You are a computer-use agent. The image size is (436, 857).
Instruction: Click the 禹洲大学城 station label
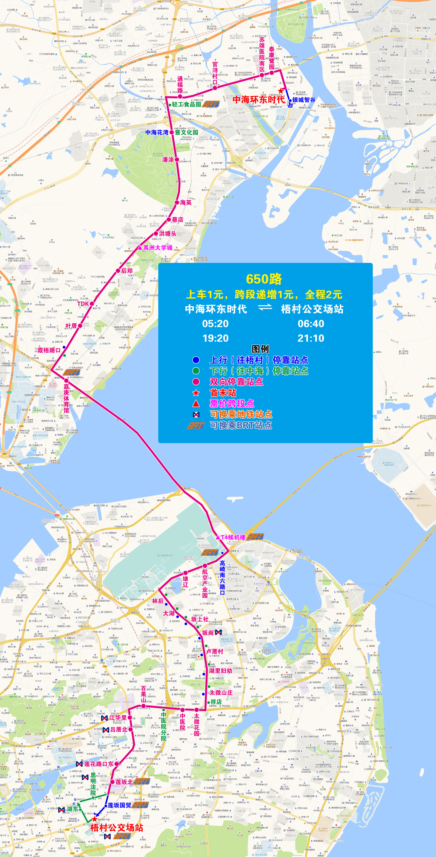coord(158,248)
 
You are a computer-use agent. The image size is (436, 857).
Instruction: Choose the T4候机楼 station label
coord(233,537)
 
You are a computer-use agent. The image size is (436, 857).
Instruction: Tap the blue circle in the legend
coord(196,360)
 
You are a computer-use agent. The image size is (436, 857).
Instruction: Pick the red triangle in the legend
coord(196,403)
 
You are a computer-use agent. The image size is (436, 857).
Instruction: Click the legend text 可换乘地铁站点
coord(241,415)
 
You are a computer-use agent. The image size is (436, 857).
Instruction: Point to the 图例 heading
coord(260,349)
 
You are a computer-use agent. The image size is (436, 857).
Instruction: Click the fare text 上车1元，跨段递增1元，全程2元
coord(264,294)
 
